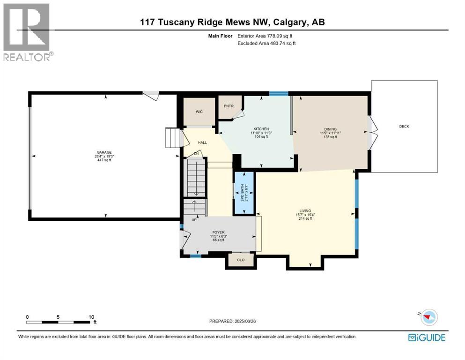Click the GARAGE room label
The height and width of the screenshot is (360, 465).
104,152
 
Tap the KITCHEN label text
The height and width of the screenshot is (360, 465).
261,128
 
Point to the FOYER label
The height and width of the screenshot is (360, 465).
218,232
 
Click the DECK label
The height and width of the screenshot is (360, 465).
404,126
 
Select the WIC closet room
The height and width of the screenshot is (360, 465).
199,112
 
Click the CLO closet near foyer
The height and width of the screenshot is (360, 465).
240,259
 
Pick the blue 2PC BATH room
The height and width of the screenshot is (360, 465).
244,192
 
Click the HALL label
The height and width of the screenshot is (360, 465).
202,142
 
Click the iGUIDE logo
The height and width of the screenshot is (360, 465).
427,337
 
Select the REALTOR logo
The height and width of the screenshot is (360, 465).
27,32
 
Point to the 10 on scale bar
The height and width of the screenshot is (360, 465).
91,317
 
